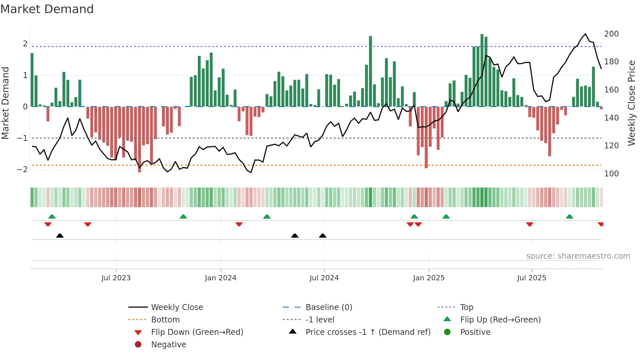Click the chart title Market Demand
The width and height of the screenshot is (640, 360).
[x=47, y=9]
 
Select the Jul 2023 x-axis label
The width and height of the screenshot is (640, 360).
[x=116, y=278]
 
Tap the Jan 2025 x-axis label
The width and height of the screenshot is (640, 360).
[x=428, y=278]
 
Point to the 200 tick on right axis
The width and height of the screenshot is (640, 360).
[x=611, y=34]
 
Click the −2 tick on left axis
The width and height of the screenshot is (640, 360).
[x=22, y=170]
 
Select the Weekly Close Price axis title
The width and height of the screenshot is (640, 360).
[x=632, y=103]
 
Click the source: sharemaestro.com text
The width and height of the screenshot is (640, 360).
[x=578, y=256]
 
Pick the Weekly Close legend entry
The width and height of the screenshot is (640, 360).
[x=177, y=307]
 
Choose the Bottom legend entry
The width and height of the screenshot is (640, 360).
[x=165, y=320]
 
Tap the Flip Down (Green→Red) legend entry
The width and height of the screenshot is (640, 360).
[x=197, y=332]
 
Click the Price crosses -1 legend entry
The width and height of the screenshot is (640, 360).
[x=368, y=332]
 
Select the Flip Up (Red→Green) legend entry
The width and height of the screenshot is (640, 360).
[x=500, y=320]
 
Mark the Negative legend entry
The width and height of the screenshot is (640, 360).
[x=168, y=345]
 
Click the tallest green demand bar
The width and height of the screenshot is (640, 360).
[x=482, y=70]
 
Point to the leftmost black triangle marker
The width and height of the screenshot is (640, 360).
[x=60, y=236]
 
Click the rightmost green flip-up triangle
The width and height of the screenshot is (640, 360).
[x=569, y=217]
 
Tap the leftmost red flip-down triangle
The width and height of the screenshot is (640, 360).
[x=48, y=224]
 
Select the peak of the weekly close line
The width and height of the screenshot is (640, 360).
[x=585, y=34]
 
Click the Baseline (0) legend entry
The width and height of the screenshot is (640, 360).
[x=328, y=307]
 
